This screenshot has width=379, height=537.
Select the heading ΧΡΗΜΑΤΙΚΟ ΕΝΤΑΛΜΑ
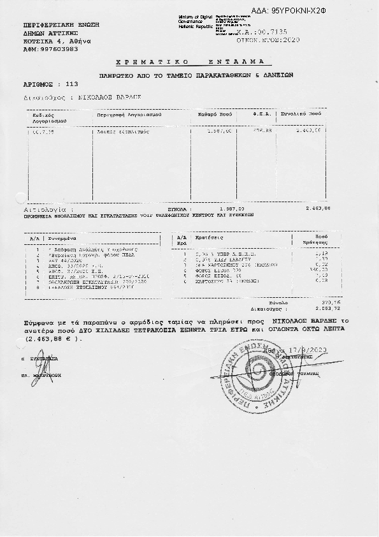[x=194, y=63]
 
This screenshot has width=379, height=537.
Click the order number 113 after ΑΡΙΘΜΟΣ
[x=71, y=84]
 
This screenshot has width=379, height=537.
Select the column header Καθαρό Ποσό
[x=213, y=116]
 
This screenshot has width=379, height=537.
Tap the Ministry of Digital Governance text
[x=195, y=20]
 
